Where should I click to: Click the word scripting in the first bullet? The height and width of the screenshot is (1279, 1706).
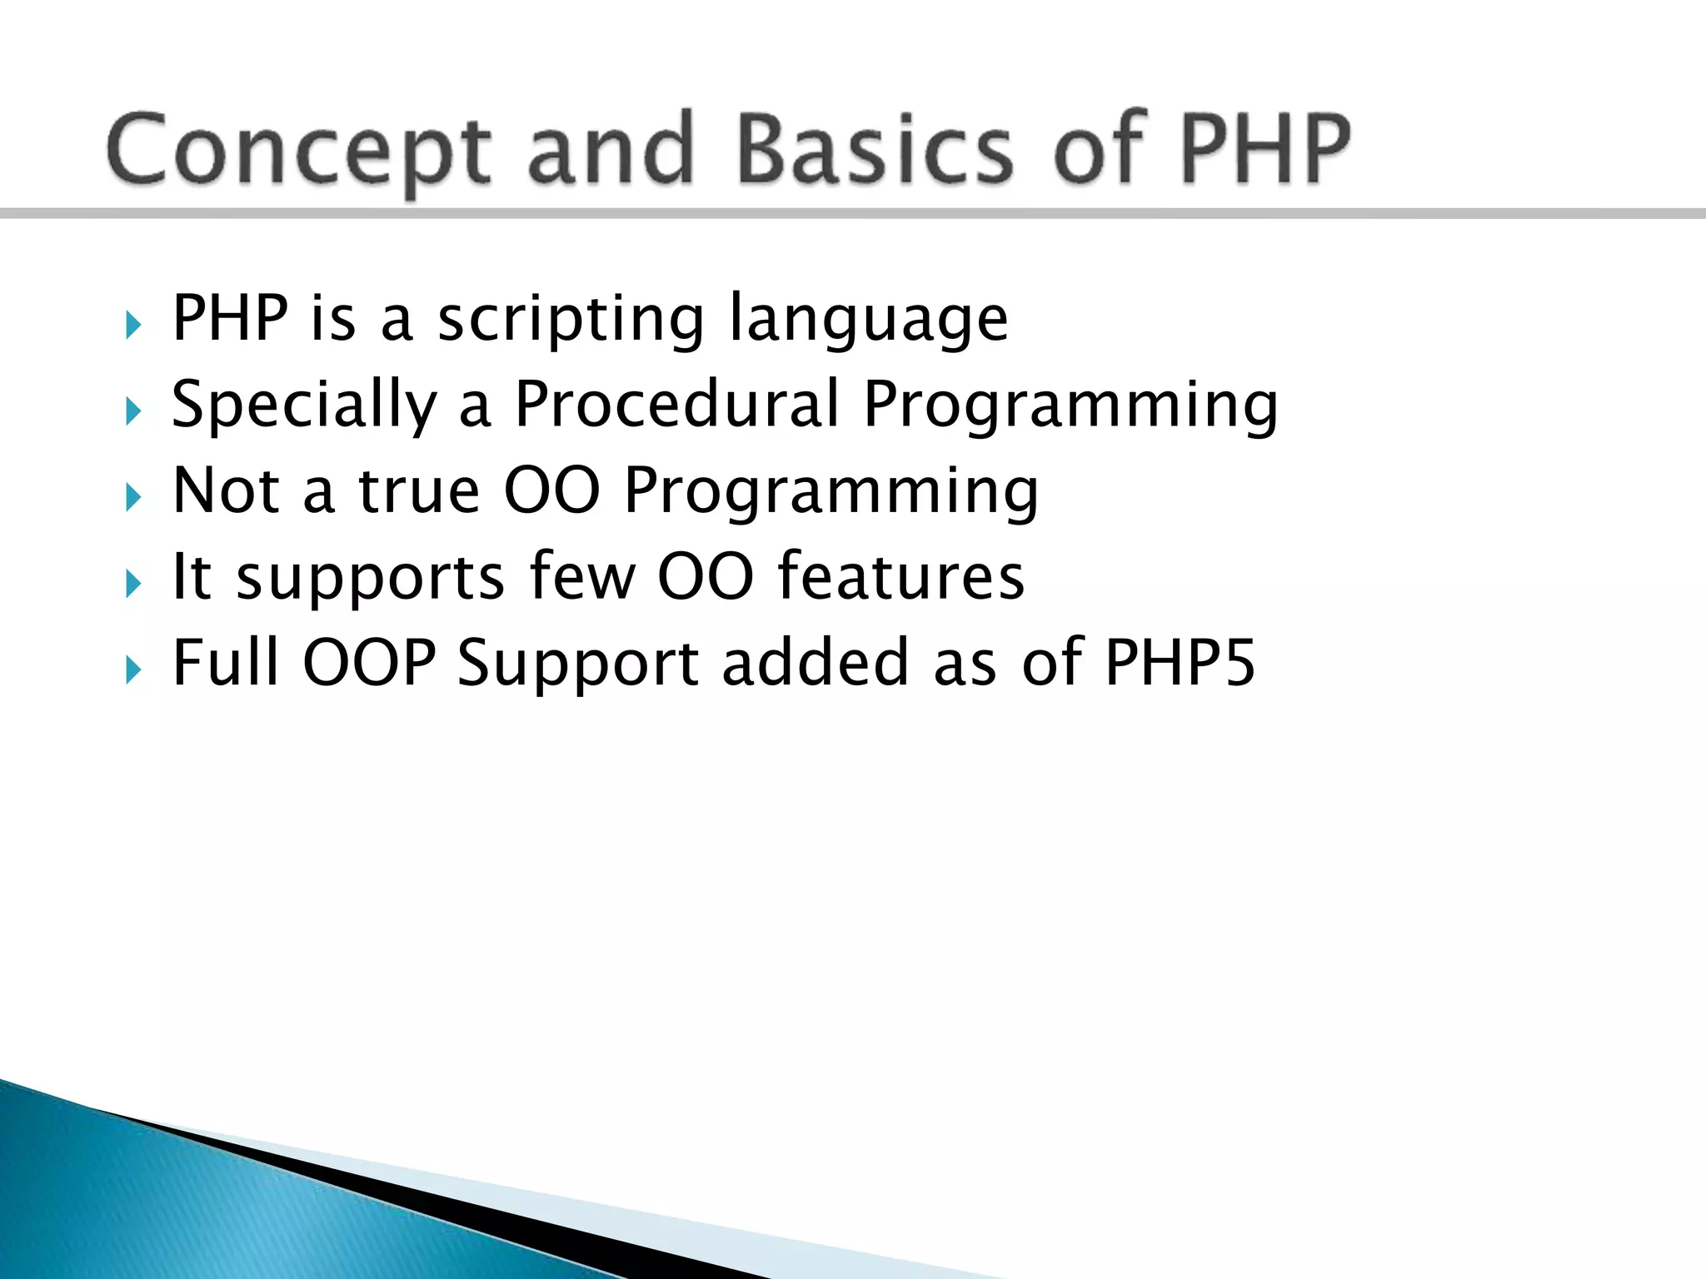click(571, 320)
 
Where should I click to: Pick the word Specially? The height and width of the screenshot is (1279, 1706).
click(305, 406)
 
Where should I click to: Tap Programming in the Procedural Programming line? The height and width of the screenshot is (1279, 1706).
click(1070, 406)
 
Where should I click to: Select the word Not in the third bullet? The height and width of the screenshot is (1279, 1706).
click(225, 490)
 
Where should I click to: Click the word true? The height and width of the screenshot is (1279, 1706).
click(419, 490)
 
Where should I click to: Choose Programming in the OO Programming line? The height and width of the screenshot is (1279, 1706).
click(831, 492)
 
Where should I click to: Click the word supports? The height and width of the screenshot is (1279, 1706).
click(370, 578)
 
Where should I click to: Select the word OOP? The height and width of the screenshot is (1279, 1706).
click(369, 663)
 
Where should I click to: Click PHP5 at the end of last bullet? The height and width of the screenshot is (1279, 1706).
click(1180, 663)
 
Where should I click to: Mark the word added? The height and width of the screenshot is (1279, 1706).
click(815, 663)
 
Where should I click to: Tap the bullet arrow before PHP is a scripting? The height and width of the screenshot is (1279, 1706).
click(133, 325)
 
